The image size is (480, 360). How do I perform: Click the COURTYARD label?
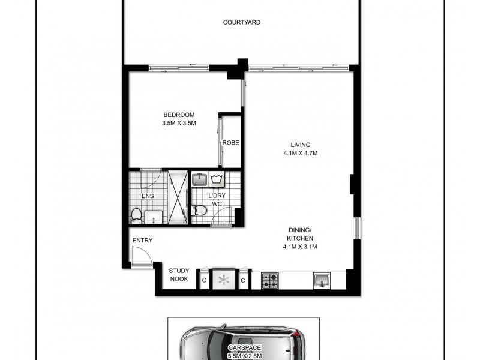pos(242,23)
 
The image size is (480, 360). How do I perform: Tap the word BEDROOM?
pos(179,115)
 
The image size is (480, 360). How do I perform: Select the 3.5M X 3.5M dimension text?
pos(179,124)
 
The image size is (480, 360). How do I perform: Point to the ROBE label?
pos(231,143)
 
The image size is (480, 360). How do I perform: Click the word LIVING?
pos(301,145)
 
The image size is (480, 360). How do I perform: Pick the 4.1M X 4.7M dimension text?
pos(301,153)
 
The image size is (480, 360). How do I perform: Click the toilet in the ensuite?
pos(137,215)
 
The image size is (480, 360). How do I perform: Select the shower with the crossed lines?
pos(178,197)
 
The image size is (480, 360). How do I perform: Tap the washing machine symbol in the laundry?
pos(217,179)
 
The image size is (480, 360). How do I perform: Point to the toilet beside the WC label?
pos(200,210)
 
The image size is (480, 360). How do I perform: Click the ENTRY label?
pos(142,241)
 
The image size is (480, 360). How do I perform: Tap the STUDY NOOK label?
pos(179,275)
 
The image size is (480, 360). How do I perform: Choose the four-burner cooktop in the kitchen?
pos(270,280)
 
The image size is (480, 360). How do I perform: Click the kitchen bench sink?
pos(321,280)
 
